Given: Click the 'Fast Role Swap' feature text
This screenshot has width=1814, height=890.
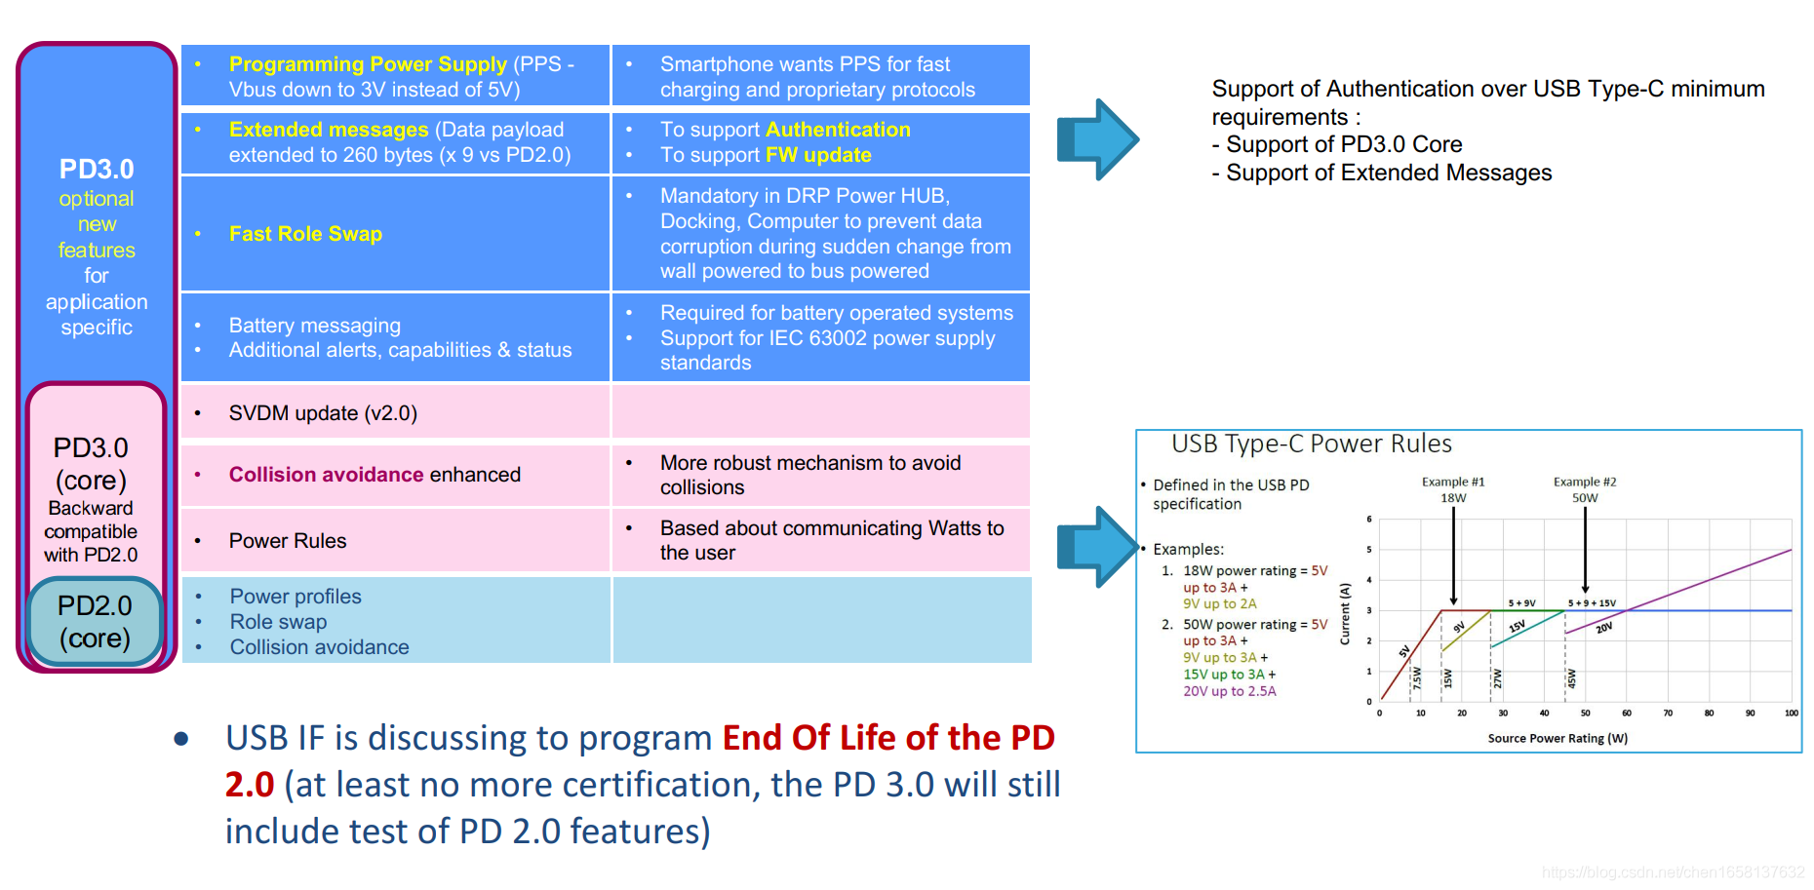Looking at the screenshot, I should (305, 234).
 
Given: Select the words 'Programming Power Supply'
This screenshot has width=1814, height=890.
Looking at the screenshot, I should (368, 64).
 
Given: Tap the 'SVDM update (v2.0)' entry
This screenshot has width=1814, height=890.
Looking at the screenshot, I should (323, 413).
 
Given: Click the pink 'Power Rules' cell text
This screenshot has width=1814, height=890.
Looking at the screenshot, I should (288, 541).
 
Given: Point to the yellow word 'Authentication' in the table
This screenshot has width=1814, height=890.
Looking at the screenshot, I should (838, 130).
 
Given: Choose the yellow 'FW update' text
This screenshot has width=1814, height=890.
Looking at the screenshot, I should (818, 155).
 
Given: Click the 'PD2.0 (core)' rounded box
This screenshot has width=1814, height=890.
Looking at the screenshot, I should (95, 622).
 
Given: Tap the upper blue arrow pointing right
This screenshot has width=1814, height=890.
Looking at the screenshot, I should (1098, 139).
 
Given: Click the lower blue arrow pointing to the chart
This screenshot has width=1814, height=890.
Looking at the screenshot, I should (1098, 547).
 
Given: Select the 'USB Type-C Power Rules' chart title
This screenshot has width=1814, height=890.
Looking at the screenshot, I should (1311, 445).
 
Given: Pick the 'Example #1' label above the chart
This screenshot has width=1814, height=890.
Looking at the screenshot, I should (1453, 482).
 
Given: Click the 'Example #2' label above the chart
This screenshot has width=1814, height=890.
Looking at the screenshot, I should (1585, 482).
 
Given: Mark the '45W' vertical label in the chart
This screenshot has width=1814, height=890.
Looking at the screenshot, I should (1571, 678).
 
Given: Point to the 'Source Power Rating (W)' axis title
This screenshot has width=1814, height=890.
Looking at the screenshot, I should (1558, 738).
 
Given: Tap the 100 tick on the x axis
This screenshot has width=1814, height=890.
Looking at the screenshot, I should (1792, 714).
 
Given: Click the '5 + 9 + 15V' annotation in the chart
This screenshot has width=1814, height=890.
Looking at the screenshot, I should (1592, 603).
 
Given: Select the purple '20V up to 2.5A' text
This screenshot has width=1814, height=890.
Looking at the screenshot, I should (1229, 691).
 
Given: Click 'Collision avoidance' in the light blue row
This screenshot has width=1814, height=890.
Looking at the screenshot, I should (319, 647).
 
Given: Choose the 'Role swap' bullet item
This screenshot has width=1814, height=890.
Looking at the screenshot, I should (278, 622).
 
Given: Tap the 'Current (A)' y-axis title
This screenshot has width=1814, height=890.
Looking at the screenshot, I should (1345, 614).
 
